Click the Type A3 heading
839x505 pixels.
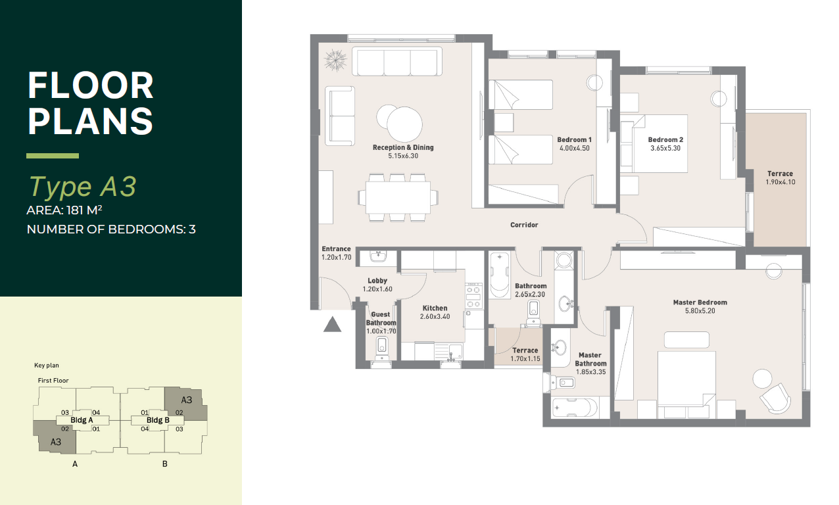(x=82, y=186)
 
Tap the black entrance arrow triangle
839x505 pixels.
(x=332, y=325)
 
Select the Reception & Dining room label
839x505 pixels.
(x=403, y=147)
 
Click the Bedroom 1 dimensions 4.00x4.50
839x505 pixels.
(x=574, y=148)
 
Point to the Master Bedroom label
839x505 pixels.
(x=700, y=302)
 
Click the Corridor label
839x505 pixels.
(x=524, y=225)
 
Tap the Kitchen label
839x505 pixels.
(x=435, y=308)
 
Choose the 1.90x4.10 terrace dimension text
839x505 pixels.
(x=780, y=182)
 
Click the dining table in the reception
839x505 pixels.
(x=398, y=197)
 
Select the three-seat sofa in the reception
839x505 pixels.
(x=397, y=62)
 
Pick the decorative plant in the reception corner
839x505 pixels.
(x=335, y=60)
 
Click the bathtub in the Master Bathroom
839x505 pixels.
(x=575, y=408)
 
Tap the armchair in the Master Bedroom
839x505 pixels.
(x=775, y=398)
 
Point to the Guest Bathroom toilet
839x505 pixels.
(x=382, y=349)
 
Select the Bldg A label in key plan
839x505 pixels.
(x=82, y=420)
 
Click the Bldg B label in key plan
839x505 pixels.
(x=158, y=420)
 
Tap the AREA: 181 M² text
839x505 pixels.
(x=64, y=210)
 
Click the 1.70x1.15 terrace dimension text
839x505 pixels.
(x=525, y=359)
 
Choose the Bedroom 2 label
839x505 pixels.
(x=665, y=140)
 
